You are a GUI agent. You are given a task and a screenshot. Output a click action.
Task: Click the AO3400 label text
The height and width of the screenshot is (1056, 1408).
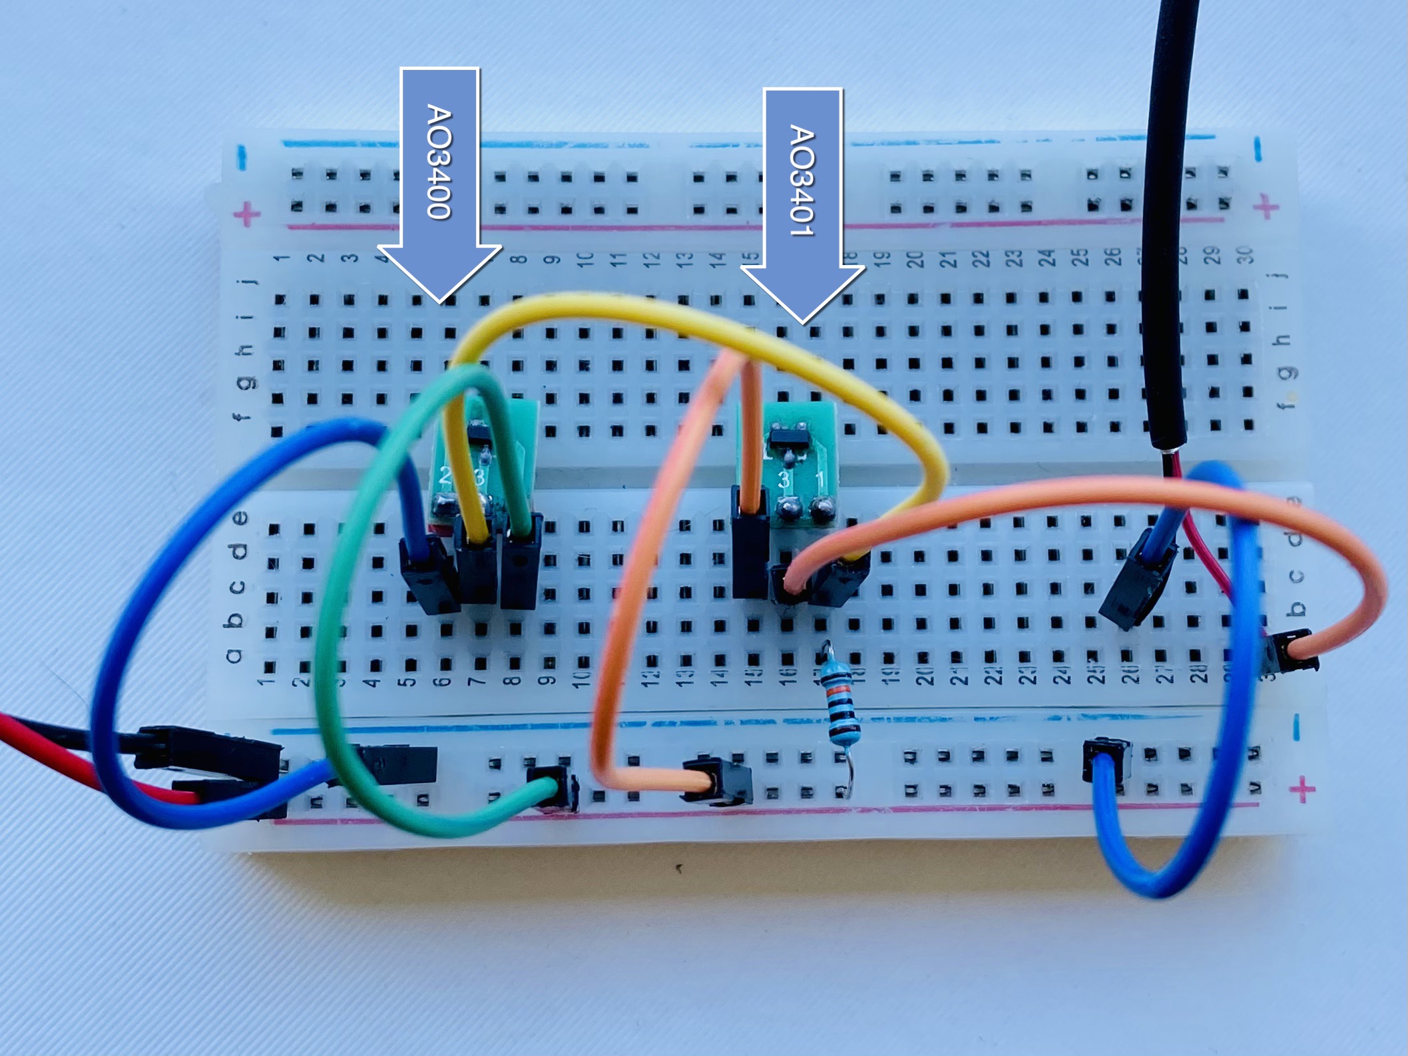click(x=439, y=161)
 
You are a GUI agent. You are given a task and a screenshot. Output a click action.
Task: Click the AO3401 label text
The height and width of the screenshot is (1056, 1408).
click(x=802, y=180)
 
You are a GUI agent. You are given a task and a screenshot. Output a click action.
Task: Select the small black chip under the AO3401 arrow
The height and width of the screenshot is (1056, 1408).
click(x=788, y=437)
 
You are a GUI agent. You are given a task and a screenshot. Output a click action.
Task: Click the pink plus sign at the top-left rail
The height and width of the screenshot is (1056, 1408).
click(x=247, y=214)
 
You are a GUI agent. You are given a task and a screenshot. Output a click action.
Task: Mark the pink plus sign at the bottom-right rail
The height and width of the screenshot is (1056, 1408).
click(x=1303, y=790)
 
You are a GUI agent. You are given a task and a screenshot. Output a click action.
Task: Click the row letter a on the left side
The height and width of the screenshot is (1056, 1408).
click(x=233, y=657)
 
